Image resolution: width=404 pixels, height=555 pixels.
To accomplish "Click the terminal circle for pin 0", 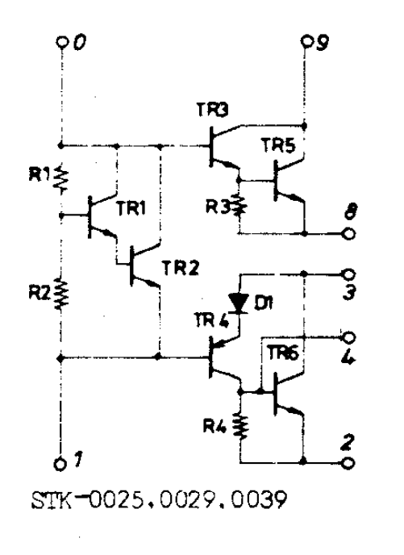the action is click(x=62, y=42).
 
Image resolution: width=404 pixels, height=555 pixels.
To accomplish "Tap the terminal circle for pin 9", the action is click(x=306, y=41).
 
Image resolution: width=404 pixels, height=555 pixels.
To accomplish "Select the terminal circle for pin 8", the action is click(x=348, y=234).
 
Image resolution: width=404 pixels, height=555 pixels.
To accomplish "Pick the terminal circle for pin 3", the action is click(x=348, y=274).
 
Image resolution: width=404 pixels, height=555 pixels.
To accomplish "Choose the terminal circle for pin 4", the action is click(x=348, y=338).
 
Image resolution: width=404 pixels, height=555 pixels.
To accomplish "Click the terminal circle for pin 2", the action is click(x=348, y=463).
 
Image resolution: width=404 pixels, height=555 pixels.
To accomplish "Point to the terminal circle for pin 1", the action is click(x=60, y=464).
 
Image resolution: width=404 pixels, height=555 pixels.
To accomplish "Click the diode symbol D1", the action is click(x=239, y=303).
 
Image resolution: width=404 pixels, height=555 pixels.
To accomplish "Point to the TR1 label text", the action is click(x=131, y=208).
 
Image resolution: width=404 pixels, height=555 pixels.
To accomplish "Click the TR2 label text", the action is click(x=181, y=268).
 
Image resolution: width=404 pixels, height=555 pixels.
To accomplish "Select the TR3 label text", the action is click(x=212, y=109).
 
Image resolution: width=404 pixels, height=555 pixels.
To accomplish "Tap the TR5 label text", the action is click(x=278, y=145).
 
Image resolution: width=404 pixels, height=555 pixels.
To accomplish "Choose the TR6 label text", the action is click(x=283, y=353).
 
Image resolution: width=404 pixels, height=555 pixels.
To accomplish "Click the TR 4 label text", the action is click(x=211, y=320).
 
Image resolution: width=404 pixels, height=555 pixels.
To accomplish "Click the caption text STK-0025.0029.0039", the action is click(x=159, y=500).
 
